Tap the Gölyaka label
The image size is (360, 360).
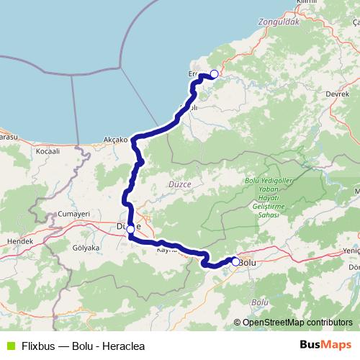(86, 246)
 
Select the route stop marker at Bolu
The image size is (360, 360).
(235, 261)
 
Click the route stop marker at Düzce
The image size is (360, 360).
(130, 228)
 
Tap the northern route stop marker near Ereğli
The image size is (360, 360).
(214, 73)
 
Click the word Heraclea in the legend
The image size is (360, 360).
(122, 346)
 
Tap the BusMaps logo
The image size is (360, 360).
(325, 346)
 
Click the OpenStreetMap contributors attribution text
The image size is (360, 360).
(293, 323)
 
